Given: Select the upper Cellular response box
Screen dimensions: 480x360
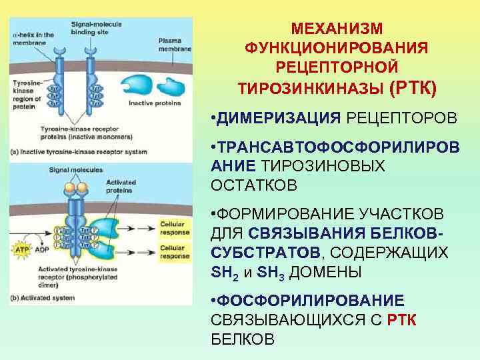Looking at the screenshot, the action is [174, 229].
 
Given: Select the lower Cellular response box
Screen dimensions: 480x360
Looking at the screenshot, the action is [174, 251].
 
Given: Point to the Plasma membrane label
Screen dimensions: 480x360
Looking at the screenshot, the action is [175, 45].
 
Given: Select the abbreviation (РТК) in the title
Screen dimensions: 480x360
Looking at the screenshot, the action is [415, 87].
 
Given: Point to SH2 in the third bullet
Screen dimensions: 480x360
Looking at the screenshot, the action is [221, 273].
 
